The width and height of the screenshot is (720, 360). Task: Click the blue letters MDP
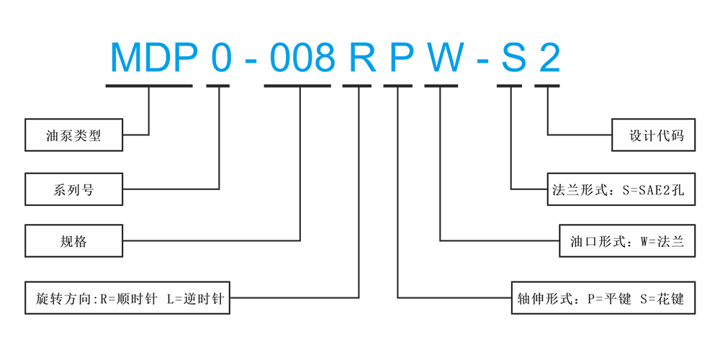153,58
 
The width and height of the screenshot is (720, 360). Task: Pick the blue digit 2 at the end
549,58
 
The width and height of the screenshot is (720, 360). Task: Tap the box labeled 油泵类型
74,135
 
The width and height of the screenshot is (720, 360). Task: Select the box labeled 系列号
74,189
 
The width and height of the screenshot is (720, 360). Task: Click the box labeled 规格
74,241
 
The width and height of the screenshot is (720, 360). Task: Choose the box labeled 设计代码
653,135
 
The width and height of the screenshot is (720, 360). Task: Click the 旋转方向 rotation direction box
128,297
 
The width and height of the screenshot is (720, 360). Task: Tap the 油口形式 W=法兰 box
627,241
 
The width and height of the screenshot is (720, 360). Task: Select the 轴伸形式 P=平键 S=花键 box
603,297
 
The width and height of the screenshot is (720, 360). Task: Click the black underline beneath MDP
148,86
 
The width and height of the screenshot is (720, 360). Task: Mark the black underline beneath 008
297,86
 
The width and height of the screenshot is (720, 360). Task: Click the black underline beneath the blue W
441,86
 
